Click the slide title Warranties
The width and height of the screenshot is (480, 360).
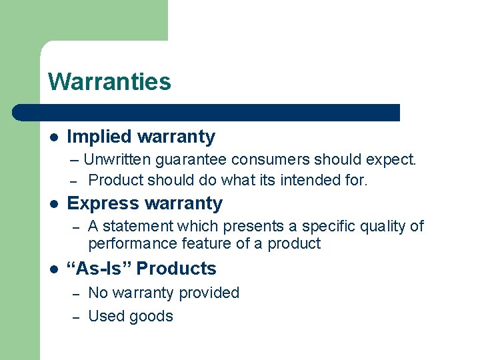109,82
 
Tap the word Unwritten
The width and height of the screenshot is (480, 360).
117,160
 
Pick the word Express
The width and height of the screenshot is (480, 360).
99,203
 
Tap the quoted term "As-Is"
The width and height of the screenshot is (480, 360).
99,269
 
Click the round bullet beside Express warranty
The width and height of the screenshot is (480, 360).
53,204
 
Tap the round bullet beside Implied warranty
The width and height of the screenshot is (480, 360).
53,137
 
